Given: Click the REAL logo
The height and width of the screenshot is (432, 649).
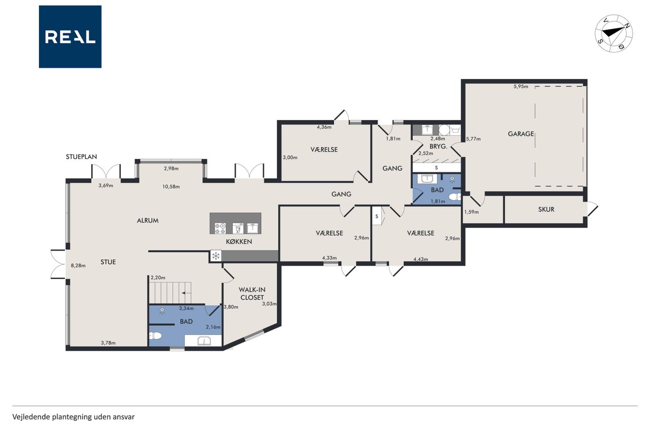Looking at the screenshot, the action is [70, 37].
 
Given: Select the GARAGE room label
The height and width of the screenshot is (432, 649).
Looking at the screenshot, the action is [521, 134].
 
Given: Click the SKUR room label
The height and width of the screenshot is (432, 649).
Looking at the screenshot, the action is [546, 209].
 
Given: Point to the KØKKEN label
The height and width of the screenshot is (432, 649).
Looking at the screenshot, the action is [239, 242].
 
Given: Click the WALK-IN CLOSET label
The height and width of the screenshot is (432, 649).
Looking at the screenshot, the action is [252, 293].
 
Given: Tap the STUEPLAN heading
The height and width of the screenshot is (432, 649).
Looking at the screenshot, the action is [82, 156].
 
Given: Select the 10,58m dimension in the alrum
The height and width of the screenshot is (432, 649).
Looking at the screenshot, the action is [171, 187].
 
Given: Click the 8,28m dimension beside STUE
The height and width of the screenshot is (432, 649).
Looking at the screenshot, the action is [78, 265].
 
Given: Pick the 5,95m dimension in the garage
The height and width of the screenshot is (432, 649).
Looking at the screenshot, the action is [521, 86].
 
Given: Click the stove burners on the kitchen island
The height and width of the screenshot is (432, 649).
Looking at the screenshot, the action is [220, 228].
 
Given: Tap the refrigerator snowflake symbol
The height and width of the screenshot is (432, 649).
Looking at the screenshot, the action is [215, 255].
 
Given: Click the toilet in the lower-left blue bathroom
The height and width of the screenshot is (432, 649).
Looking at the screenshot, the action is [155, 336].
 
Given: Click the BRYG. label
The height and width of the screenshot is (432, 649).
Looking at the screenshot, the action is [439, 146].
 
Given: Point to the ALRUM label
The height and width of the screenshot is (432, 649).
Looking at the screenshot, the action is [148, 220].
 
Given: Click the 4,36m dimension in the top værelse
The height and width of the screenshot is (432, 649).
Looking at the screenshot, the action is [324, 127].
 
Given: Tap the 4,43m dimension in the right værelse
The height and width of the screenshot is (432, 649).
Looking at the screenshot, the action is [421, 259].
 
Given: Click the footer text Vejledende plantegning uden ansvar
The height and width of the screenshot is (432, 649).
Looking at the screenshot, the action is [74, 417].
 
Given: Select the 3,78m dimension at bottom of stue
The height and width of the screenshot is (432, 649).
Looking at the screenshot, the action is [109, 343].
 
